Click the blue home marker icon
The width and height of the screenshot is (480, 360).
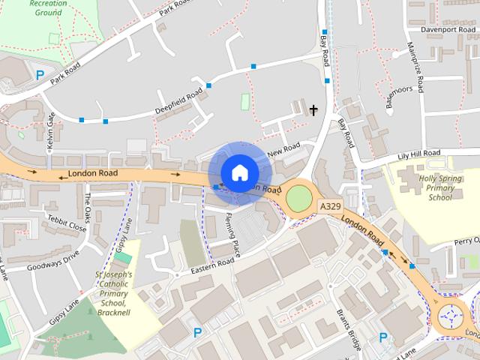[x=239, y=172]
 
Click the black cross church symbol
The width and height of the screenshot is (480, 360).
[x=313, y=110]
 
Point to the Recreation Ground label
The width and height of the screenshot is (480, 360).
[x=47, y=8]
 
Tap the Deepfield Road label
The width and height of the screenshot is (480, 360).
[x=179, y=102]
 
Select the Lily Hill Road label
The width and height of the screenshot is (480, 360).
[x=421, y=154]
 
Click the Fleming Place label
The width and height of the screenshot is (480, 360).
[x=233, y=235]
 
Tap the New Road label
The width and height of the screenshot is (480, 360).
[x=283, y=148]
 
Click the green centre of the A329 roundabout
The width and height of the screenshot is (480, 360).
[x=298, y=199]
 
